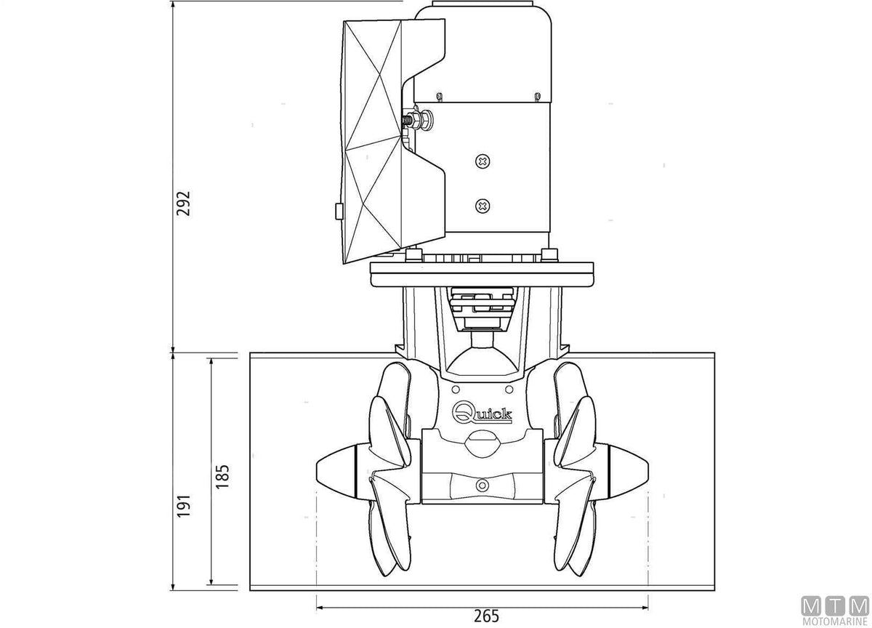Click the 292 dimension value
183,204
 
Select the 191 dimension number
183,506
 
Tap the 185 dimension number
222,477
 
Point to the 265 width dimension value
486,616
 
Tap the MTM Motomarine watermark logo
835,613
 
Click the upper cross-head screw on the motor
483,161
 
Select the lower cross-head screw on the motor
483,206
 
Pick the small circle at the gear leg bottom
483,485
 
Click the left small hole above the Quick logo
456,389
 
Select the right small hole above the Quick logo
509,389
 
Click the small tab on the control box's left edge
339,212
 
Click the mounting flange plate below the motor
482,275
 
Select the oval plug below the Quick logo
483,443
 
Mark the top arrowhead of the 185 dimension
211,362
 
